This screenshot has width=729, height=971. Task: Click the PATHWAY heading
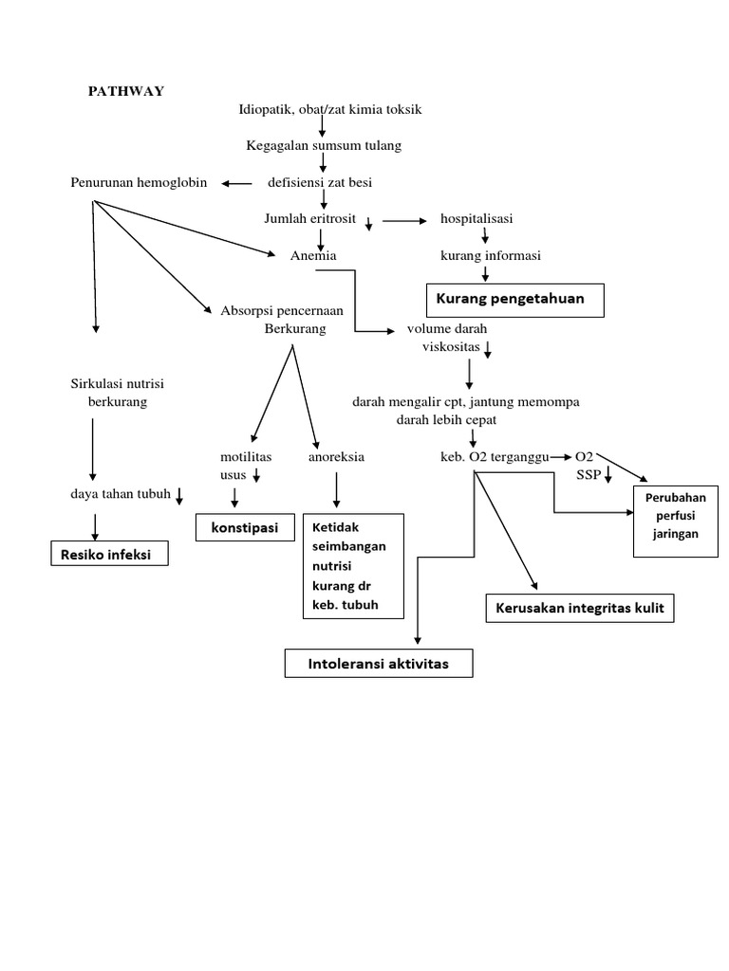click(x=126, y=91)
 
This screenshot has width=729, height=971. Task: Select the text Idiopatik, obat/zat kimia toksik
click(x=329, y=109)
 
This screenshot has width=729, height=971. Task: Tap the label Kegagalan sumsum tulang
click(x=324, y=145)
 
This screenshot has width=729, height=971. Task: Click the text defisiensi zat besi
click(x=321, y=182)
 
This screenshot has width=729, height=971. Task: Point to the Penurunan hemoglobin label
click(x=139, y=182)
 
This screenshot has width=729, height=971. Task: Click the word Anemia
click(x=313, y=255)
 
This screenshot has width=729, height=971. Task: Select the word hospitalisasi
click(x=477, y=218)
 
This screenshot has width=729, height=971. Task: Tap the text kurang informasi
click(x=490, y=255)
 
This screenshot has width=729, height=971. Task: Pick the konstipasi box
click(x=245, y=527)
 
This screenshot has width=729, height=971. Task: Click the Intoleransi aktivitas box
click(x=378, y=665)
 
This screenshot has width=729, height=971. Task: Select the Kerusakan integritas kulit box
click(x=580, y=608)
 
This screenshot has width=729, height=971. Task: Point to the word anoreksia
click(x=336, y=456)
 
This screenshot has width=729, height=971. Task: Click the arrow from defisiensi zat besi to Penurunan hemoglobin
click(x=237, y=183)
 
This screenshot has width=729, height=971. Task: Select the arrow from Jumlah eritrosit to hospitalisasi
click(x=404, y=220)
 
